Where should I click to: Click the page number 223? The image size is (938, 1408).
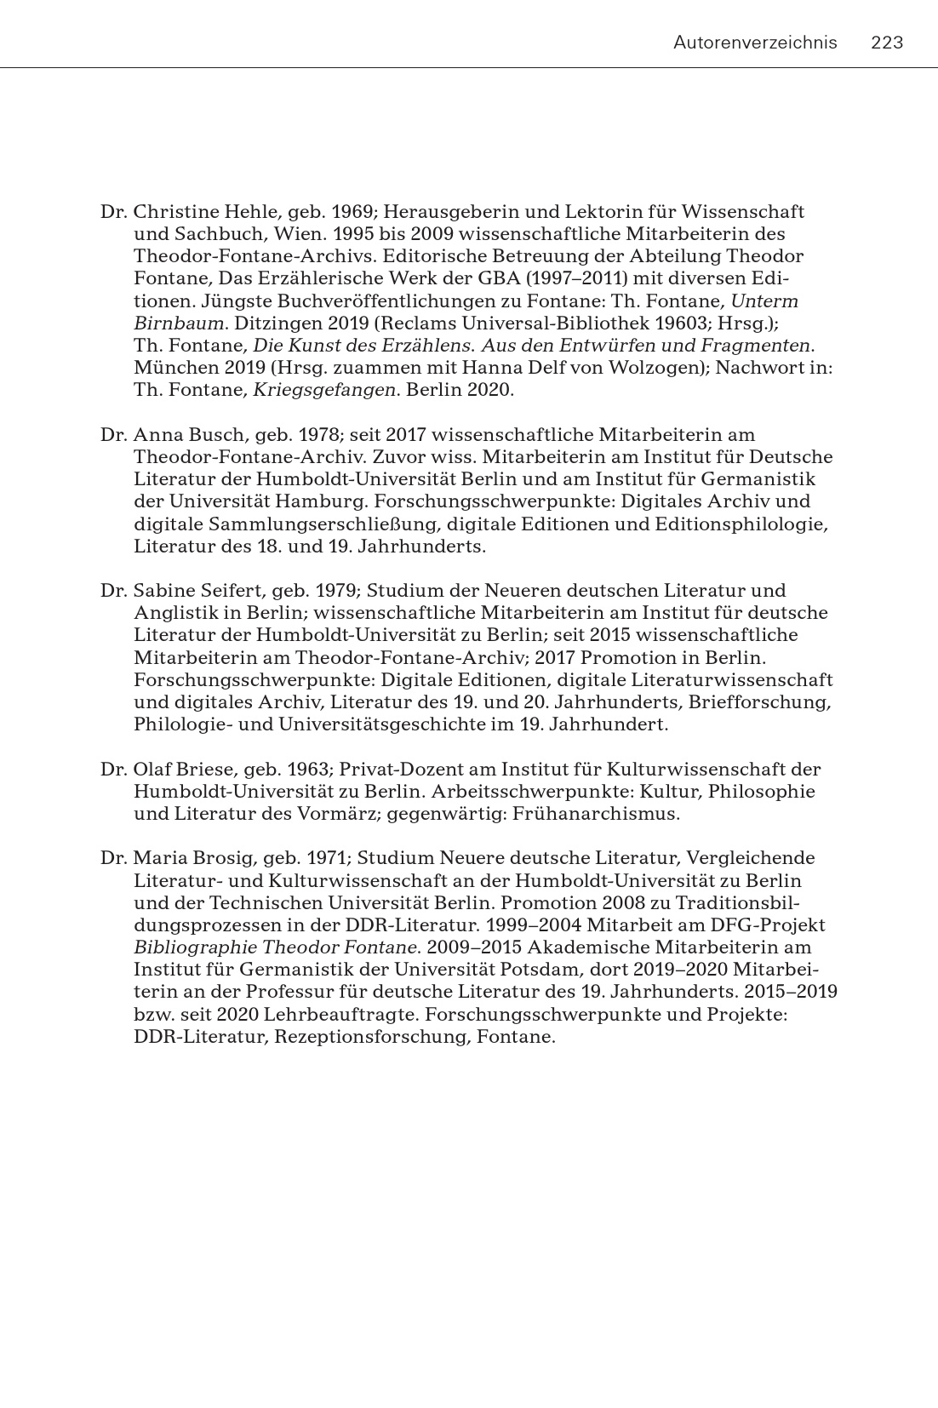(x=887, y=43)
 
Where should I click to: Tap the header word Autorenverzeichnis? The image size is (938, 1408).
(x=755, y=43)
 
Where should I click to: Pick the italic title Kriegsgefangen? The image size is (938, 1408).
(x=324, y=391)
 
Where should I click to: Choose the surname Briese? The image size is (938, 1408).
(x=202, y=770)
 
